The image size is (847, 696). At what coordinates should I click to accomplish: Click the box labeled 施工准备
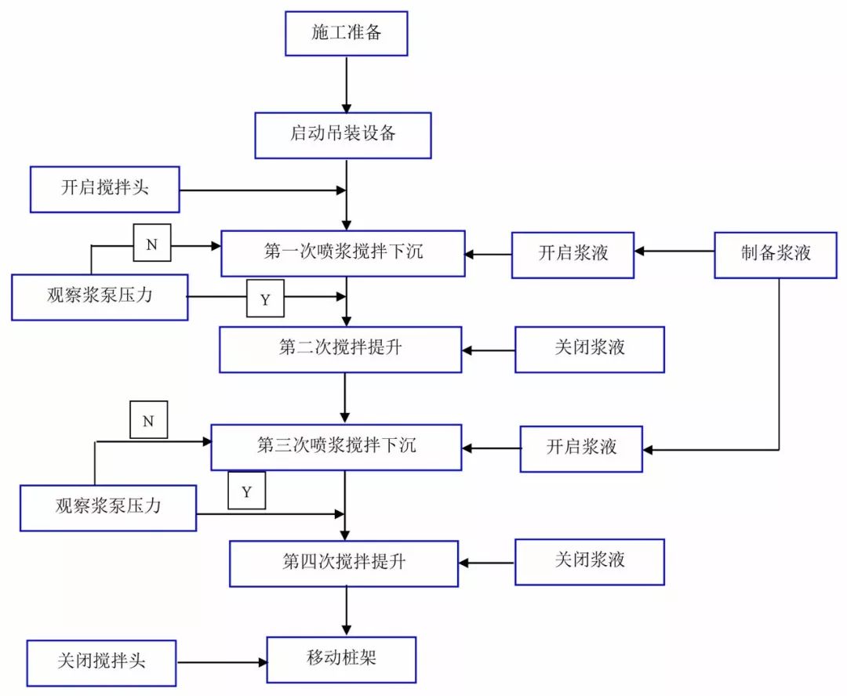click(x=346, y=33)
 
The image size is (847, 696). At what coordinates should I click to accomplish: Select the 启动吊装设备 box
click(x=343, y=135)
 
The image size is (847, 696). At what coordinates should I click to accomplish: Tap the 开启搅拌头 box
click(x=105, y=189)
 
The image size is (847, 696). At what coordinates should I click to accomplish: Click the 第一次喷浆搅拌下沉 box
click(x=343, y=253)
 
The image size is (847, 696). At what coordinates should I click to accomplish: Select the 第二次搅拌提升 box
click(x=340, y=349)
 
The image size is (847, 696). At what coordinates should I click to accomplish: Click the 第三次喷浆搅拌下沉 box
click(x=336, y=447)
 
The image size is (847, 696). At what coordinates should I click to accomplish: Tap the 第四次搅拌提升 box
click(x=344, y=563)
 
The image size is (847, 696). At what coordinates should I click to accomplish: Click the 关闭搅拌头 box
click(x=101, y=662)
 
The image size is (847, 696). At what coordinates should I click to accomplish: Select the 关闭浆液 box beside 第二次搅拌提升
click(x=589, y=349)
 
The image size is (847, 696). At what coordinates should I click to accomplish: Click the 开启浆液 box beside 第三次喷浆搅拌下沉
click(x=581, y=448)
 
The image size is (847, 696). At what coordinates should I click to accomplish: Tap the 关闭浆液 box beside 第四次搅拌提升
click(x=589, y=561)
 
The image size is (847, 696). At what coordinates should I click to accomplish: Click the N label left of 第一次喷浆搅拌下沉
click(x=151, y=244)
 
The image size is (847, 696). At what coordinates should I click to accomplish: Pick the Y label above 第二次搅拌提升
click(x=265, y=299)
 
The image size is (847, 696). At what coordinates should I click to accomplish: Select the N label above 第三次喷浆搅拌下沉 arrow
click(x=148, y=421)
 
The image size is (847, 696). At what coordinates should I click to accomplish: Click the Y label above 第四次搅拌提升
click(x=246, y=491)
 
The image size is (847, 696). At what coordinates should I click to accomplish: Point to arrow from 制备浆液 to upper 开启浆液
click(x=674, y=252)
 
